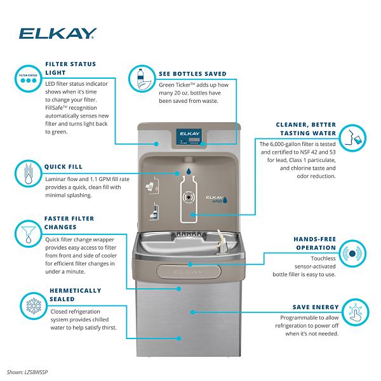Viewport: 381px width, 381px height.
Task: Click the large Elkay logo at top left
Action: tap(58, 32)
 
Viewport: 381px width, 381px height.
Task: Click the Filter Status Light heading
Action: tap(70, 69)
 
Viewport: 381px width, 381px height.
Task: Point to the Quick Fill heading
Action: tap(63, 166)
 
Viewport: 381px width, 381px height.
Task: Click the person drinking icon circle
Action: tap(351, 137)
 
